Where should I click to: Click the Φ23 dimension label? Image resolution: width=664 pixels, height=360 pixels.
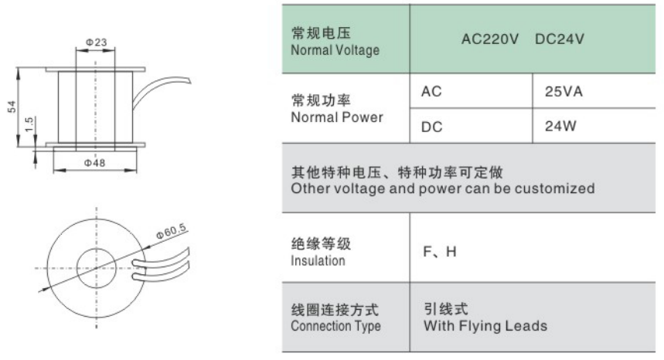96,42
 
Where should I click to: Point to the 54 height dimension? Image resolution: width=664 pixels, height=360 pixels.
12,107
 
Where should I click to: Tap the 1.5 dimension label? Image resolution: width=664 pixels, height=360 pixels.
29,124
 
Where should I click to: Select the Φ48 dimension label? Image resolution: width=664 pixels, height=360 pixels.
94,163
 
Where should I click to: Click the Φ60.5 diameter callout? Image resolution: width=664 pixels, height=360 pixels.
171,232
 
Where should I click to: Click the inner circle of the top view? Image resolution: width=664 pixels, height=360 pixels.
96,248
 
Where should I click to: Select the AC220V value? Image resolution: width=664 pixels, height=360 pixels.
490,39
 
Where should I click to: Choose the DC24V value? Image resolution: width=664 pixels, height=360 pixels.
560,39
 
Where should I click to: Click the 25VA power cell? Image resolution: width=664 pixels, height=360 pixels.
564,91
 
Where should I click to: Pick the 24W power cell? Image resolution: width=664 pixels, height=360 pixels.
560,126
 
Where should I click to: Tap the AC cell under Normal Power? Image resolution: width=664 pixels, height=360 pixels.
431,91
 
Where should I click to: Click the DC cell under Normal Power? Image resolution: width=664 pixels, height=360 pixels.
431,127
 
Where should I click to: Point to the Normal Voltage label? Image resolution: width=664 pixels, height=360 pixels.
335,50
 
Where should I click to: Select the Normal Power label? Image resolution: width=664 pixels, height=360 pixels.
337,117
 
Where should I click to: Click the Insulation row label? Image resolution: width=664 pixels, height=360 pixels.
318,260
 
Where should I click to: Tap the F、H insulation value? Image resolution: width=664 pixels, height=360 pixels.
440,252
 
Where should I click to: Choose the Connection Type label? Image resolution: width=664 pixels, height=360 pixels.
335,326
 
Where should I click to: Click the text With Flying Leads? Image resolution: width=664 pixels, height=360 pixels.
485,326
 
